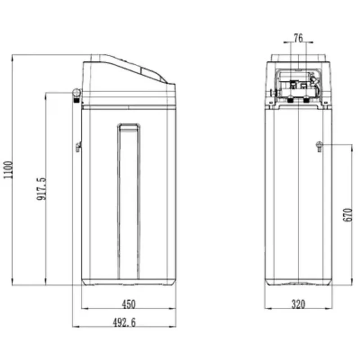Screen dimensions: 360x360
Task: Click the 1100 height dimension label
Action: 8,170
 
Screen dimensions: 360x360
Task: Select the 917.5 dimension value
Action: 41,189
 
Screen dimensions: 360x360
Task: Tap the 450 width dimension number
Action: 129,304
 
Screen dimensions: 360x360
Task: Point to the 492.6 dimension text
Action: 124,322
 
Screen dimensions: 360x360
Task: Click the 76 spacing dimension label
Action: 298,38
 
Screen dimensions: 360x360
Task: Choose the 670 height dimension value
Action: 348,215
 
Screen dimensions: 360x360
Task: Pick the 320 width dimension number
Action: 298,304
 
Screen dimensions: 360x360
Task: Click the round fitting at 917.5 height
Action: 76,93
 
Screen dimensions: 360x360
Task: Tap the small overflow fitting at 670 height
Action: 319,146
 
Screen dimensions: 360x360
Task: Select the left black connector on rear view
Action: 291,100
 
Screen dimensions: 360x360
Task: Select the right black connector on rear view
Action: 306,100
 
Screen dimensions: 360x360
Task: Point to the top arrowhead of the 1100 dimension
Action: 12,58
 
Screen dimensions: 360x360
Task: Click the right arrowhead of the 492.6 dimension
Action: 173,326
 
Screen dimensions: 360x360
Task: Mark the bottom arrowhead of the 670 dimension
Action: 351,282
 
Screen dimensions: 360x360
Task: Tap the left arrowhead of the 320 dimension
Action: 268,308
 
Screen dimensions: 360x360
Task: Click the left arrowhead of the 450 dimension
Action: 85,308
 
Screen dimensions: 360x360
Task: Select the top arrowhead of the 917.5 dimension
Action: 46,95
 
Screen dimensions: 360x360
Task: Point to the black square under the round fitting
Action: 76,100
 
